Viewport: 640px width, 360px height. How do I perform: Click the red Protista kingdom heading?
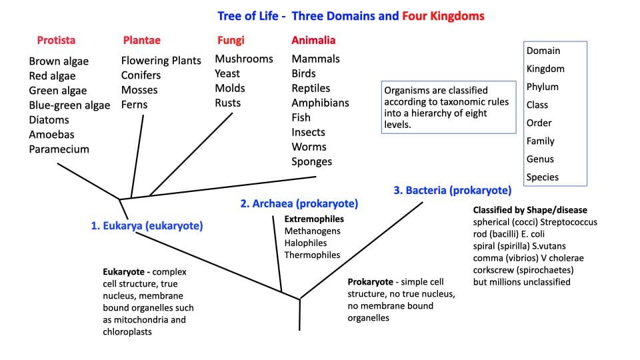click(56, 40)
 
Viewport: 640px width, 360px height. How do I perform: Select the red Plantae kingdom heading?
click(141, 40)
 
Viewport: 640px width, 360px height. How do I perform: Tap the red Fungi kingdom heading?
click(231, 40)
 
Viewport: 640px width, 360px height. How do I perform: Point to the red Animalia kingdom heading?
click(313, 40)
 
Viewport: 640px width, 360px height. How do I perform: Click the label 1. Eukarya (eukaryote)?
click(147, 226)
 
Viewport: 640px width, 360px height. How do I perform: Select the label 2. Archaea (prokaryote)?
click(299, 203)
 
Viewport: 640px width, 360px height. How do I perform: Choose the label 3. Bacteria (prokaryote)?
click(452, 190)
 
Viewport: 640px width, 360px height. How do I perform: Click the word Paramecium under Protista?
click(59, 149)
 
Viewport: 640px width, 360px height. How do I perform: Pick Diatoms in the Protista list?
click(49, 120)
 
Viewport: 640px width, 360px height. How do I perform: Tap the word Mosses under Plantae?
click(139, 90)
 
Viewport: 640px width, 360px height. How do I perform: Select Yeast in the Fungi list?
click(227, 73)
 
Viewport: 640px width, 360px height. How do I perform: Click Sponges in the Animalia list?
click(311, 161)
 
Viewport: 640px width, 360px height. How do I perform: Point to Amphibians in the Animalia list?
click(320, 103)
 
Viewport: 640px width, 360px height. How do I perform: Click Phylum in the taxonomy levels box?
click(543, 87)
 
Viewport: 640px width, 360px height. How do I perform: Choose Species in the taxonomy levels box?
click(543, 177)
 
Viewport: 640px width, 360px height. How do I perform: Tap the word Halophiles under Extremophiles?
click(305, 243)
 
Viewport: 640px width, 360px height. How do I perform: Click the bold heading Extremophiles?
click(315, 219)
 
